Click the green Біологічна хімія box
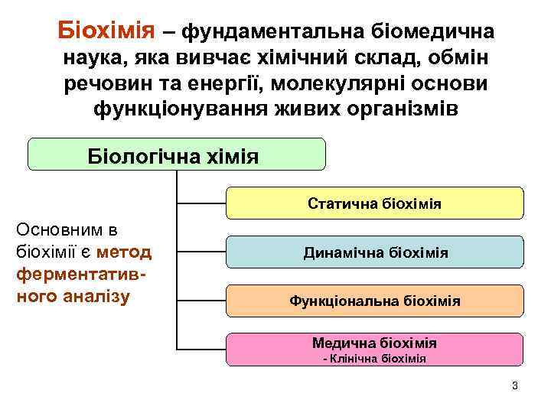click(176, 155)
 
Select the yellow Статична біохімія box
click(375, 204)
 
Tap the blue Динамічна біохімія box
click(375, 252)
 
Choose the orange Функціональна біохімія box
click(375, 301)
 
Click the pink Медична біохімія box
click(375, 348)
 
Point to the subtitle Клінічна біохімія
click(375, 358)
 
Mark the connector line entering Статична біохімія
click(201, 204)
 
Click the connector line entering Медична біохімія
click(201, 349)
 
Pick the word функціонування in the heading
click(177, 108)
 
